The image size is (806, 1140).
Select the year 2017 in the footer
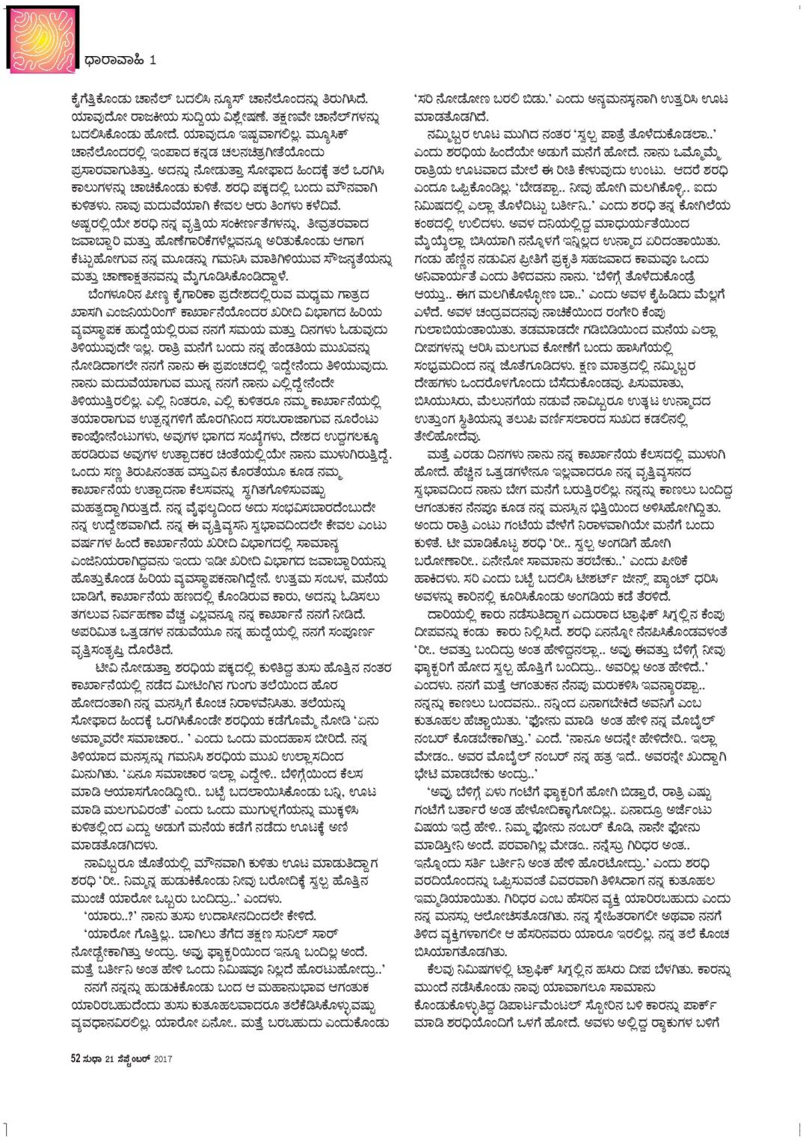(163, 1058)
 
